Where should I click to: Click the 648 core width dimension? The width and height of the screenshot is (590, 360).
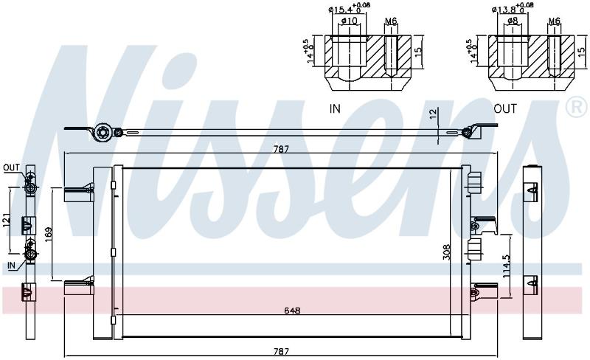(x=292, y=311)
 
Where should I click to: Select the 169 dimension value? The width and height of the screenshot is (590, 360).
(x=49, y=235)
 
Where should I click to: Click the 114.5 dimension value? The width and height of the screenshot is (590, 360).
(x=506, y=265)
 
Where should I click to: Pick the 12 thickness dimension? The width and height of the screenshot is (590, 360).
(x=433, y=113)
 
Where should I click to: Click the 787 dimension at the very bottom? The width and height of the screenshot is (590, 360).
(x=281, y=352)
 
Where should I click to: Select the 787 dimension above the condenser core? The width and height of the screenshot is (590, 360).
(x=281, y=149)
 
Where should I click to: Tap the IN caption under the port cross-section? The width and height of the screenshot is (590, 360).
(x=335, y=109)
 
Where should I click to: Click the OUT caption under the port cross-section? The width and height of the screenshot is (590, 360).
(x=505, y=109)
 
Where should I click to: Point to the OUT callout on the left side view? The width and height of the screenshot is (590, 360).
(x=11, y=167)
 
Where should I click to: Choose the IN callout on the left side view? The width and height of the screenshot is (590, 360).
(x=11, y=265)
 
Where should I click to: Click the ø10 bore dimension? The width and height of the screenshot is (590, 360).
(x=349, y=21)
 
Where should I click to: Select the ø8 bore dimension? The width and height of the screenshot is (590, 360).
(x=512, y=21)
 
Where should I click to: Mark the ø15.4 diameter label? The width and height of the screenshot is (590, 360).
(x=349, y=7)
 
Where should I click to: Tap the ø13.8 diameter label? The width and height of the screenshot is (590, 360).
(x=513, y=8)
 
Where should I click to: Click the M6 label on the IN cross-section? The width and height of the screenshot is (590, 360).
(x=391, y=21)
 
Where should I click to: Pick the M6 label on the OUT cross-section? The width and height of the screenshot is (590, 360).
(x=554, y=21)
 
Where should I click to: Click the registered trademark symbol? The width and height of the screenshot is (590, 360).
(x=577, y=106)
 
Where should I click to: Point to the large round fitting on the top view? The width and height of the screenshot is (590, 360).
(x=103, y=133)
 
